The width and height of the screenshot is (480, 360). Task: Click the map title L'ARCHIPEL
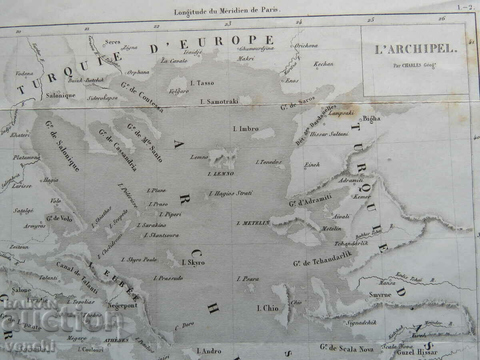click(415, 50)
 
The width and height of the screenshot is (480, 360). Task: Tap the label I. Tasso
click(202, 83)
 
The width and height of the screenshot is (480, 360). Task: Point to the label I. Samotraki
click(219, 102)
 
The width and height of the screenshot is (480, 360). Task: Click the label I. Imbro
click(246, 129)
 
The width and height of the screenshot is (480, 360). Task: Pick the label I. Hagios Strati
click(231, 193)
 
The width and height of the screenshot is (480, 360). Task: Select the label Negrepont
click(122, 305)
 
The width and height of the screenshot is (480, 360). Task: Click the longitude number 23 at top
click(228, 24)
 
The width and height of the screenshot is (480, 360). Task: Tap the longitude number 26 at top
click(442, 18)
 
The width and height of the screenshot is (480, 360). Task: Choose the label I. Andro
click(209, 351)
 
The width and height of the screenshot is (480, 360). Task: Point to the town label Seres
click(112, 42)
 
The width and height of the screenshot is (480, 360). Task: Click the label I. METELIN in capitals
click(253, 223)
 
